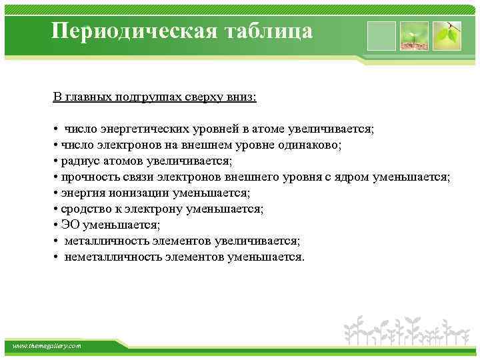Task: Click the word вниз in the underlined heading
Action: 241,97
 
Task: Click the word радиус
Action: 79,161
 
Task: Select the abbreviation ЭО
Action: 70,225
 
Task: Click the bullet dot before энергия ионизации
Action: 55,193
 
